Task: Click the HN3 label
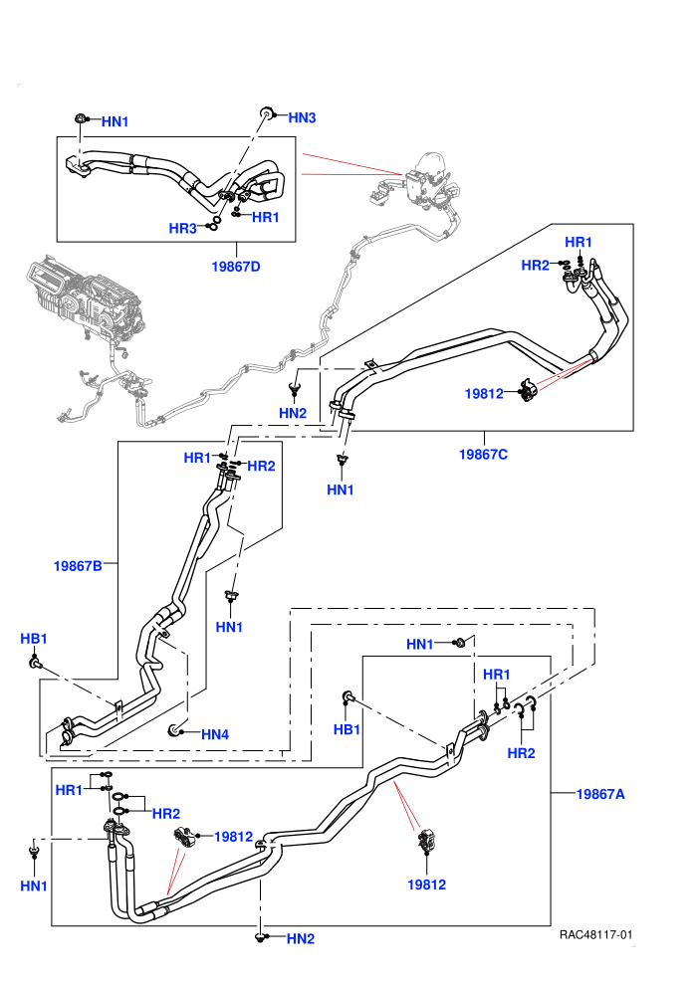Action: click(x=302, y=117)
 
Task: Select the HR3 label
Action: click(x=183, y=228)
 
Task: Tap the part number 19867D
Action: click(x=236, y=267)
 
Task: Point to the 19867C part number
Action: click(x=483, y=454)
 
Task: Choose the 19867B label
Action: click(x=78, y=566)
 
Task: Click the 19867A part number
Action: click(x=600, y=794)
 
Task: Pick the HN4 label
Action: click(x=215, y=734)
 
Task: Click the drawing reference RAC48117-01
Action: click(x=595, y=934)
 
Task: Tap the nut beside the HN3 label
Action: click(x=267, y=113)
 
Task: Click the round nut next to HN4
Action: click(x=174, y=730)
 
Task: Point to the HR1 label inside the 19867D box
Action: click(x=265, y=217)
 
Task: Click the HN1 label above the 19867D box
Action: click(x=116, y=121)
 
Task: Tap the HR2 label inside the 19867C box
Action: click(x=536, y=265)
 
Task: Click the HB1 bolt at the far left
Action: click(x=35, y=661)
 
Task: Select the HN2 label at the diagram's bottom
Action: click(x=301, y=938)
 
